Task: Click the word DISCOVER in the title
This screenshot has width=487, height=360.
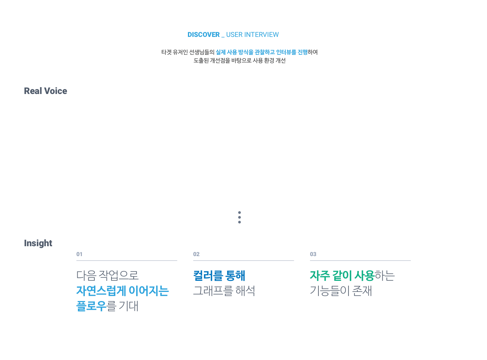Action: coord(203,35)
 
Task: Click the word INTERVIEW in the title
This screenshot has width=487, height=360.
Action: coord(261,35)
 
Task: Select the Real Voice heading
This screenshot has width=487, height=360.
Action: coord(45,91)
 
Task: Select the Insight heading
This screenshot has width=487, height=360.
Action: coord(38,244)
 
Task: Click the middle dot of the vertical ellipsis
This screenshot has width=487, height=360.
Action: coord(239,217)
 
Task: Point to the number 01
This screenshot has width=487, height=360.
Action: coord(79,254)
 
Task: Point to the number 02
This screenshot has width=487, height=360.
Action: coord(196,254)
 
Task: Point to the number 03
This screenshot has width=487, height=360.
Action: coord(313,254)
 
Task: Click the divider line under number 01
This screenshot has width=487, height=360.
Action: coord(127,261)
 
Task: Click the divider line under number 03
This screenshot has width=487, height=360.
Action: coord(360,261)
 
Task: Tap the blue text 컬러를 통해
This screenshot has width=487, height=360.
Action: coord(219,276)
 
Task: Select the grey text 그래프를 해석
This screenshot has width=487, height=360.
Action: coord(224,291)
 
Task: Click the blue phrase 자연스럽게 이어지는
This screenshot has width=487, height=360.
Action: coord(123,291)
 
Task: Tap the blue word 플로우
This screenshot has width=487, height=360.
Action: coord(91,306)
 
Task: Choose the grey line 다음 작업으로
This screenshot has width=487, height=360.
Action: coord(107,276)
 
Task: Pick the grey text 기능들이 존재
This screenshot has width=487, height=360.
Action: coord(341,291)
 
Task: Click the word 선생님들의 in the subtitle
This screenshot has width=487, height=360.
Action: coord(202,52)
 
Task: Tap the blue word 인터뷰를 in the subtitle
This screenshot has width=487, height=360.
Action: coord(286,52)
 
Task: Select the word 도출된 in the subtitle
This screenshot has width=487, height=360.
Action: coord(201,61)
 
